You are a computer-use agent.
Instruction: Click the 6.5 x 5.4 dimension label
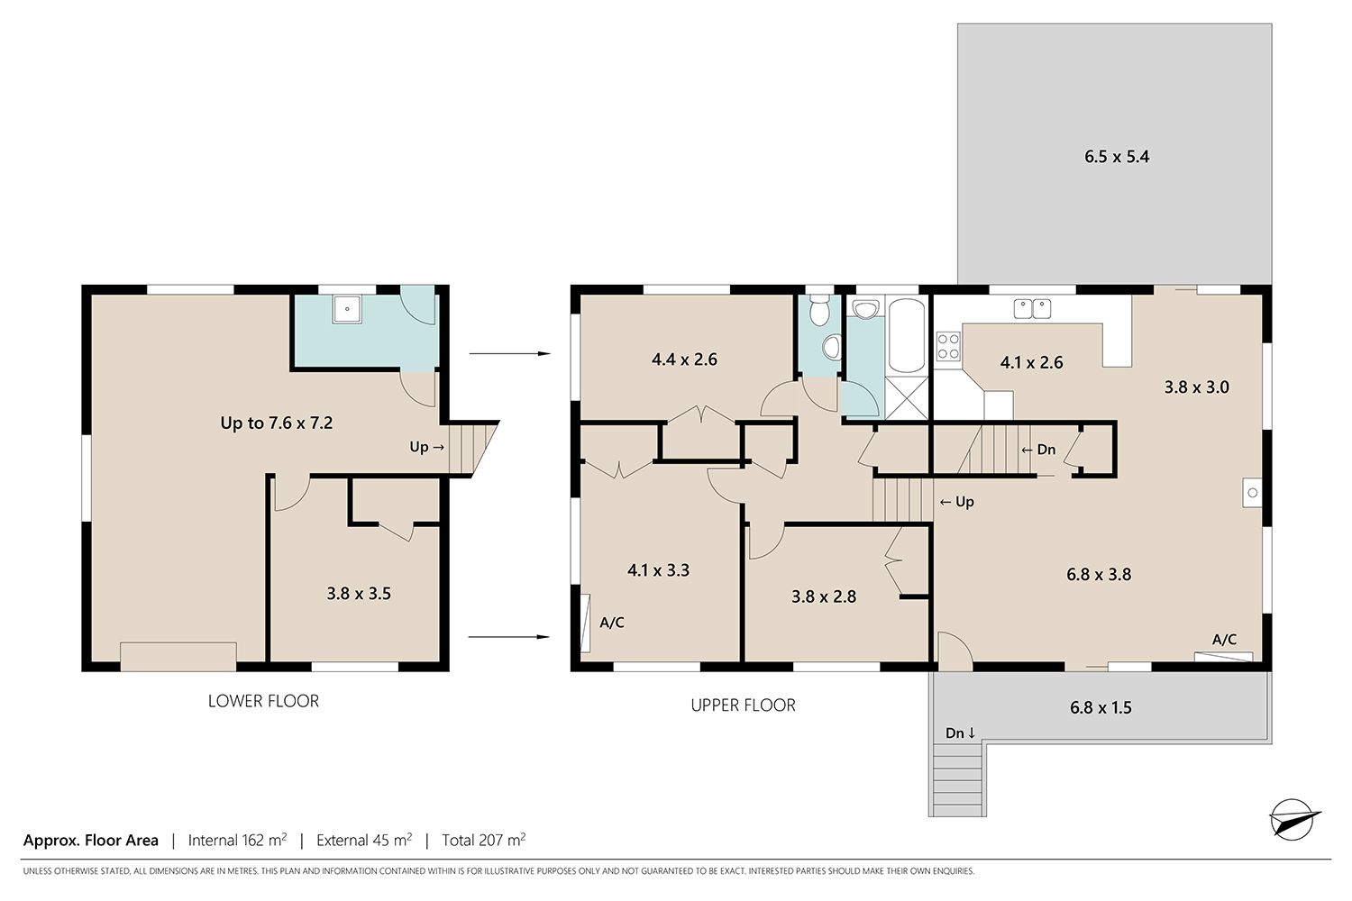(1117, 157)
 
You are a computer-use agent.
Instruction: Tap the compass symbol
(1294, 819)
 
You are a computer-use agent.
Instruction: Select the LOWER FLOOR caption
(263, 701)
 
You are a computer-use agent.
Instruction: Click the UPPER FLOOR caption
(743, 705)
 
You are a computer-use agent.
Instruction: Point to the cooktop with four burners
(948, 346)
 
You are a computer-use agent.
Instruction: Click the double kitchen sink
(1032, 308)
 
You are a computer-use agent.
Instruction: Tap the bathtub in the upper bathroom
(907, 335)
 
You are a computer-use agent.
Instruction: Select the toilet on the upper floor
(819, 310)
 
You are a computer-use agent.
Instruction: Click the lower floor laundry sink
(347, 309)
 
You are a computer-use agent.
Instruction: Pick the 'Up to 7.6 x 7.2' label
(277, 423)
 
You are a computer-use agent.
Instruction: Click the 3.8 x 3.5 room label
(359, 594)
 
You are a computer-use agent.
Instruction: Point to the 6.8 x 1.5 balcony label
(1101, 707)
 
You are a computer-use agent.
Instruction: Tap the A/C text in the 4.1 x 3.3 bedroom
(612, 623)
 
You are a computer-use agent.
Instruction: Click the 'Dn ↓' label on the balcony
(960, 733)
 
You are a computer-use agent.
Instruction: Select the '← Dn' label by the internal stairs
(1038, 450)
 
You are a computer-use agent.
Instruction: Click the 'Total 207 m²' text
(483, 840)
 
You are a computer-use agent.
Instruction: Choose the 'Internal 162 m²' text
(237, 840)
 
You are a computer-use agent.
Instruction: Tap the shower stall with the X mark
(907, 397)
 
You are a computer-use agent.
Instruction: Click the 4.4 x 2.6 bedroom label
(684, 359)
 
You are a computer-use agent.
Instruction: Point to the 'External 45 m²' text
(364, 840)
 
